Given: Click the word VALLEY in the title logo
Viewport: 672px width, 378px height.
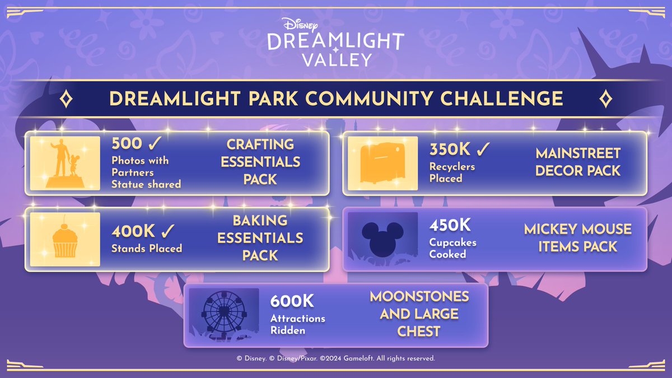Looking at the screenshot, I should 335,59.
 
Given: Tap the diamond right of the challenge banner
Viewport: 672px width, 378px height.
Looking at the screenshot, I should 605,99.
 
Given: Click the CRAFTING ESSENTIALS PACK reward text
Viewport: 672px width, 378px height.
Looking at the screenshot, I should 260,162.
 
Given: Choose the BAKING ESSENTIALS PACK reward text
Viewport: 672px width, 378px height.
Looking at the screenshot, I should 260,238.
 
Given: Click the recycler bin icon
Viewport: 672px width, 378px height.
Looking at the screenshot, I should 382,164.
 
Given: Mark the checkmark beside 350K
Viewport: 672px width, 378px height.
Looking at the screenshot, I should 483,150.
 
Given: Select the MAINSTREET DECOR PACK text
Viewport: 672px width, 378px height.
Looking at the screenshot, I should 578,162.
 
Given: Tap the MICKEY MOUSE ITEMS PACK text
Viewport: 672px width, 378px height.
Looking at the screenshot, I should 578,237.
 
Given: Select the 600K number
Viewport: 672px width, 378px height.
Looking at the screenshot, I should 292,301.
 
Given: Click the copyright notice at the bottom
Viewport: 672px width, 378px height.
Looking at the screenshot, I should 336,358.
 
